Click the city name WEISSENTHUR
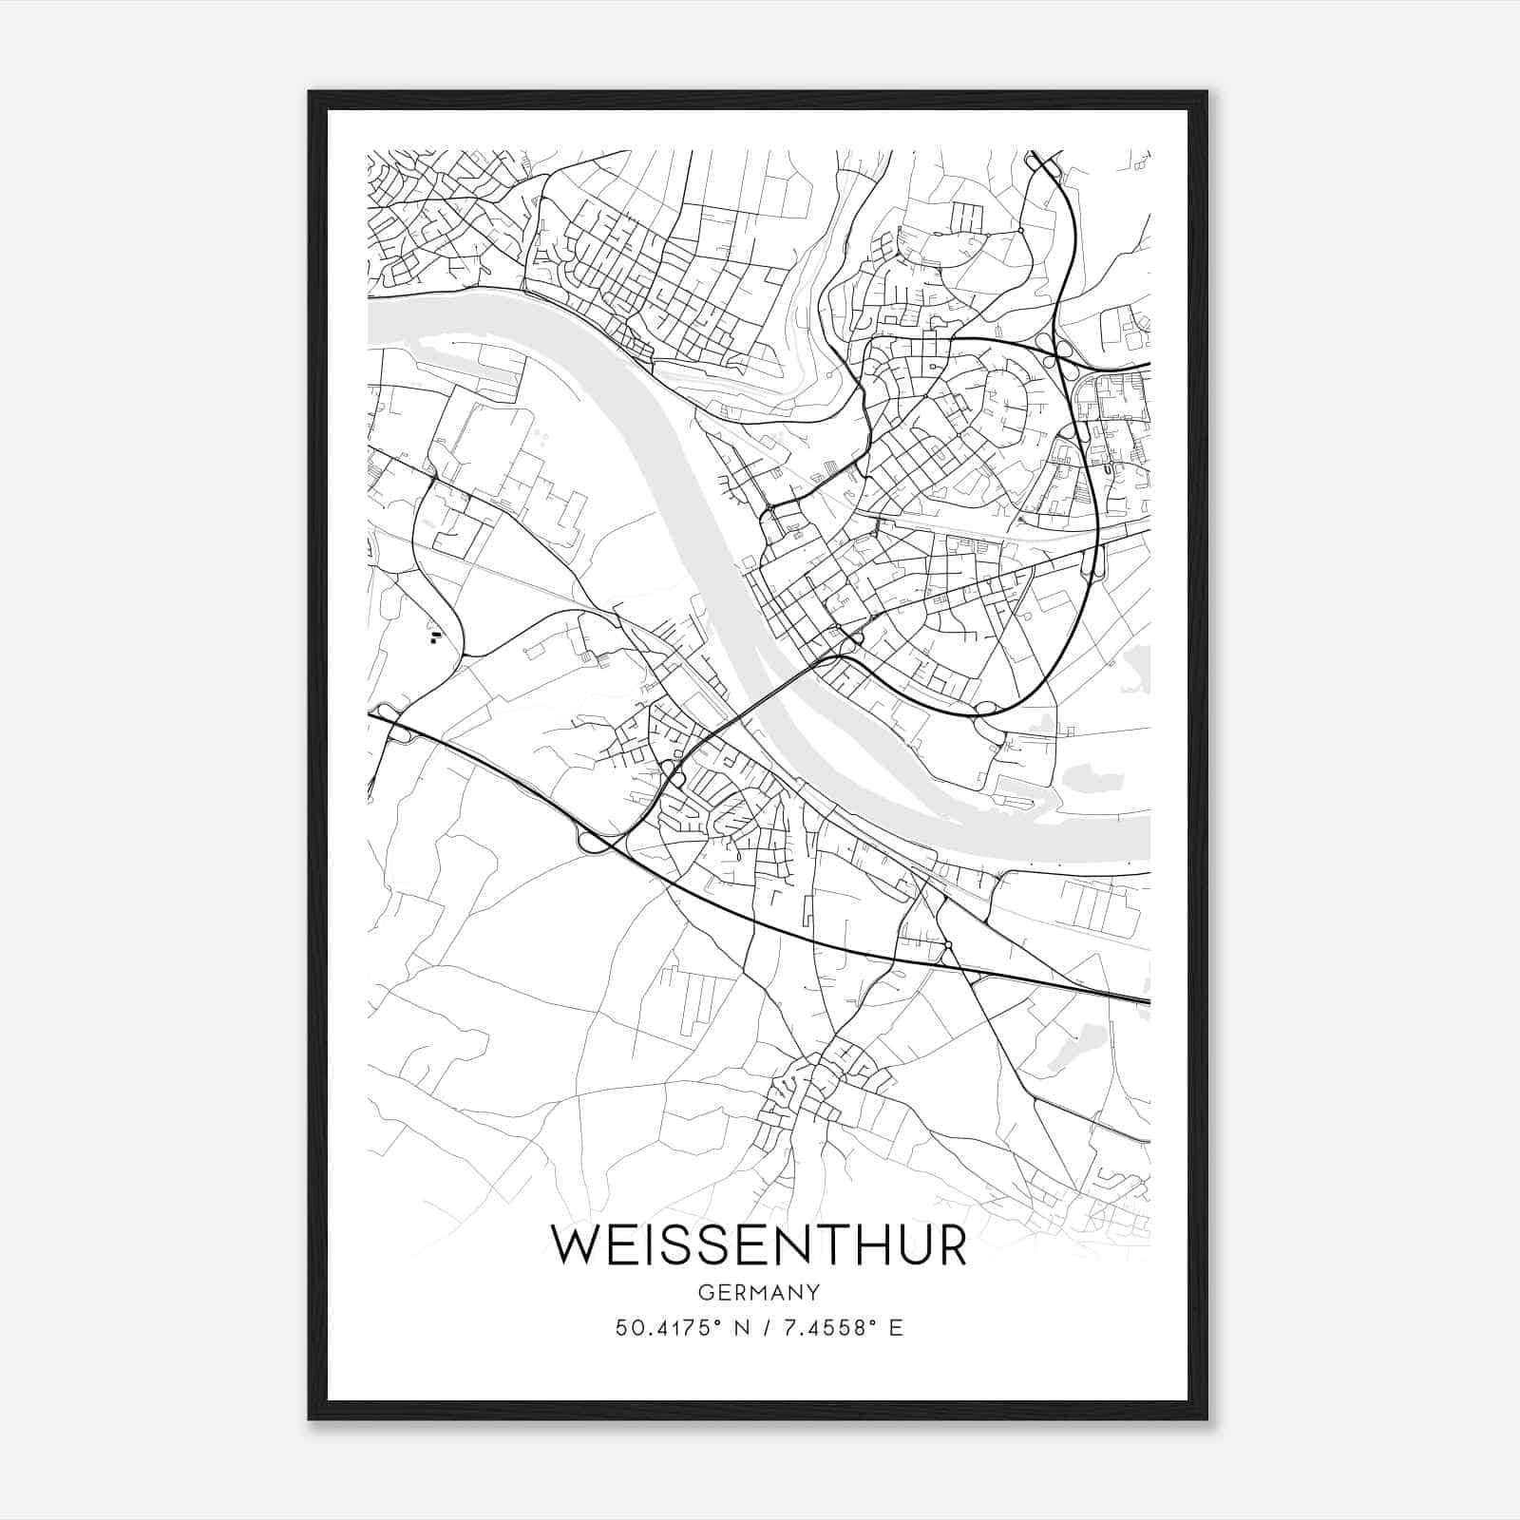click(759, 1245)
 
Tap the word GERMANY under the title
click(759, 1293)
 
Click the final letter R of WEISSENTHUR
click(950, 1245)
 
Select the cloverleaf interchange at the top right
click(1053, 350)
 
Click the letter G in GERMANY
click(704, 1293)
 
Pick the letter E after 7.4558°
click(896, 1328)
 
